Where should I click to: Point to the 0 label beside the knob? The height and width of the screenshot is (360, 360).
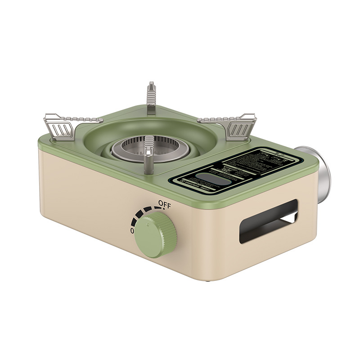click(132, 230)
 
